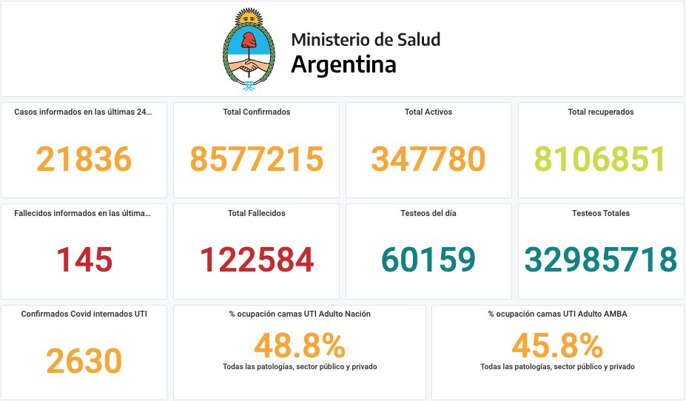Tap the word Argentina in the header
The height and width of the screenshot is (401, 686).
[343, 64]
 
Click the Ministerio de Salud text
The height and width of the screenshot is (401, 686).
[366, 39]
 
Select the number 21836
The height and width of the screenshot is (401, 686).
[84, 159]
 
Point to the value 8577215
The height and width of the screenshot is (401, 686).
[257, 159]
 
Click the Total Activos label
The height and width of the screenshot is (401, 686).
[428, 112]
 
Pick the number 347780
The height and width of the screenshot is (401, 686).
[428, 159]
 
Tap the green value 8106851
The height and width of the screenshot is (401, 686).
[600, 159]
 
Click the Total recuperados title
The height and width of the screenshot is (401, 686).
[600, 112]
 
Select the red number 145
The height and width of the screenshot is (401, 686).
[84, 260]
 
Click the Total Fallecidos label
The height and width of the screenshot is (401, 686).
[257, 213]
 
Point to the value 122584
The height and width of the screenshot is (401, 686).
[257, 260]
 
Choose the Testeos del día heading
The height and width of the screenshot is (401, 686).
[428, 213]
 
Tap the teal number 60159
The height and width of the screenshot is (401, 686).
[428, 260]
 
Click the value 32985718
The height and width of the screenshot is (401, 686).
[600, 260]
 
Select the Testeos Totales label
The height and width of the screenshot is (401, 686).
[600, 213]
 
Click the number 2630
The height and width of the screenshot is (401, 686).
[84, 361]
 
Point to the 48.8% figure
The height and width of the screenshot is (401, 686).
[300, 346]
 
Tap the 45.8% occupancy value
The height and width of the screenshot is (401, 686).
[557, 346]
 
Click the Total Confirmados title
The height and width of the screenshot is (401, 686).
[257, 112]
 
